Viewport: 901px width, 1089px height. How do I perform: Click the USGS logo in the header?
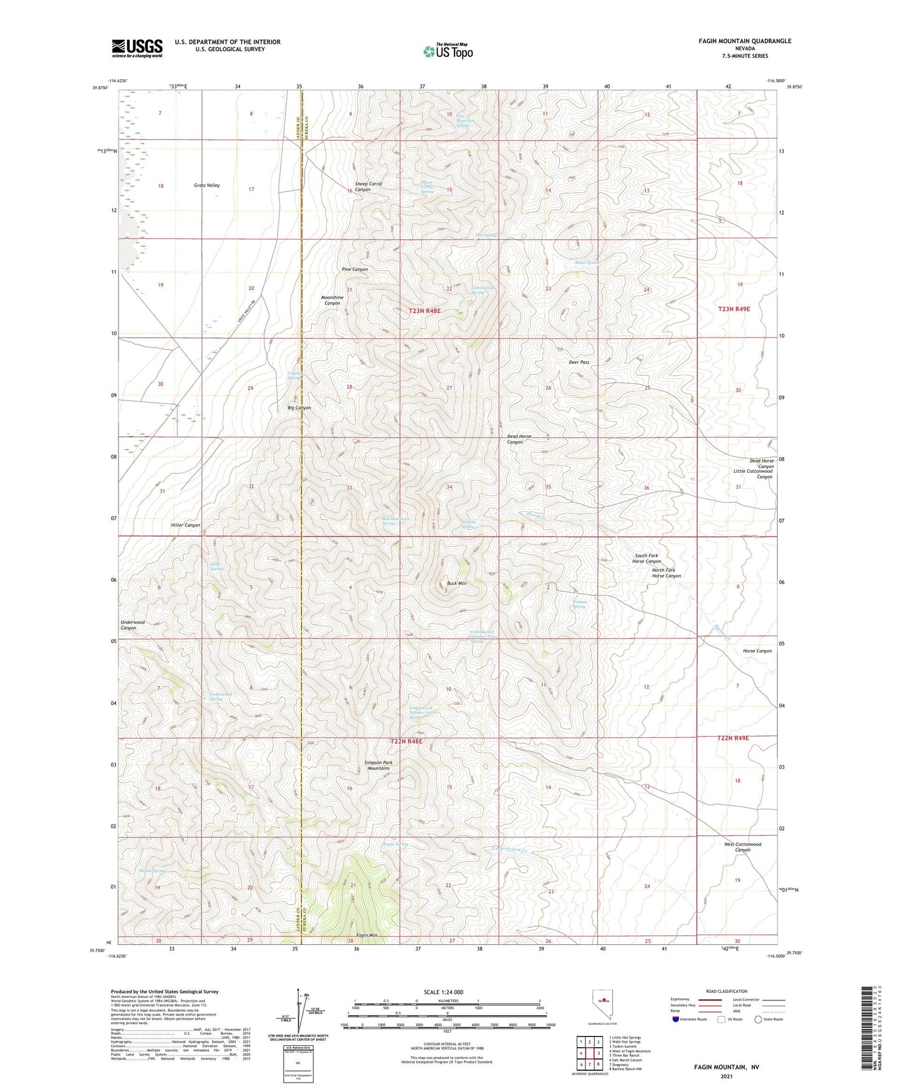(x=137, y=48)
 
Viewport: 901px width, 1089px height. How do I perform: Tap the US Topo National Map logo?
(x=448, y=51)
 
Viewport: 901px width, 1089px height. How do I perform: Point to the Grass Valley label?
(x=206, y=186)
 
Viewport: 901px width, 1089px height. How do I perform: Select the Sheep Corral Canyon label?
(x=368, y=186)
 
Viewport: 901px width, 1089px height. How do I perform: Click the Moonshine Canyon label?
(x=332, y=300)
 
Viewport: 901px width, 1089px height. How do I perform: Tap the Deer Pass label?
(x=579, y=362)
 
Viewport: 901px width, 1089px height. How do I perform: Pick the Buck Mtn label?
(x=456, y=584)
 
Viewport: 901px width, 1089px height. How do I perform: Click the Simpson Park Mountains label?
(x=378, y=765)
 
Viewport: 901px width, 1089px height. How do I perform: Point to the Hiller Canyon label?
(x=185, y=525)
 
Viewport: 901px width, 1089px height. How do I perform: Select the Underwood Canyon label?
(x=132, y=625)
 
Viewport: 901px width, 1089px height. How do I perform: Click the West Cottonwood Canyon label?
(x=742, y=847)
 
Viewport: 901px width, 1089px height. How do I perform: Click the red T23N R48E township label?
(x=416, y=311)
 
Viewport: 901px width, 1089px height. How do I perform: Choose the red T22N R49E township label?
(x=733, y=738)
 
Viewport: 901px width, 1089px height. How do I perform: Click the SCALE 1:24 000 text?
(x=443, y=992)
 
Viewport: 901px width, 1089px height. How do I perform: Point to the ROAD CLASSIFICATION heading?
(x=726, y=991)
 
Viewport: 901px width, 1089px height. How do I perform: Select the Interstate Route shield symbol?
(x=675, y=1019)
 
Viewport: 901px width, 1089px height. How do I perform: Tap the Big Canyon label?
(x=299, y=408)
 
